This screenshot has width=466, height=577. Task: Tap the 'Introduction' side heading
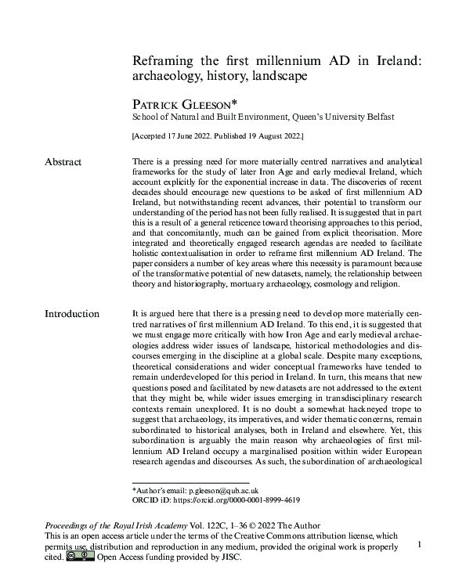(72, 314)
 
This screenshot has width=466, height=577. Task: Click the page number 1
(421, 543)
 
